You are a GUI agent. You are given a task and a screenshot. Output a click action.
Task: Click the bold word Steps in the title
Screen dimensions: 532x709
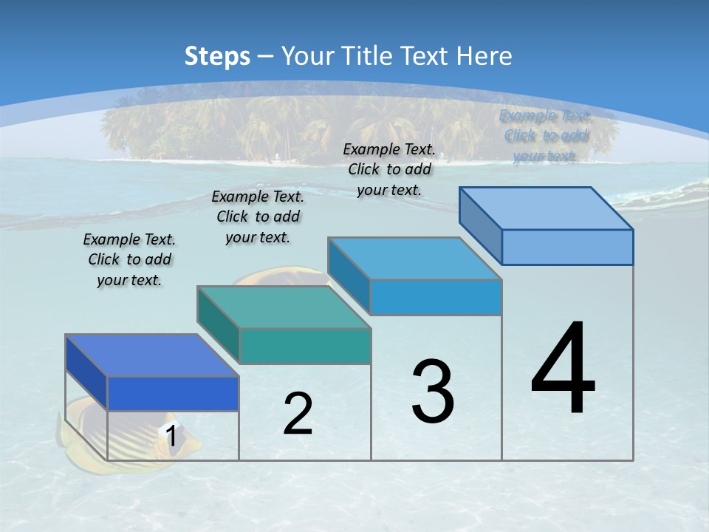tap(217, 56)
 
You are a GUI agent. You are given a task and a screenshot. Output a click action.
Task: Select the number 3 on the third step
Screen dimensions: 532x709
tap(433, 392)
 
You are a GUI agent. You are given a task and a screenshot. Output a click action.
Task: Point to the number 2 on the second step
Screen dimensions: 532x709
tap(298, 414)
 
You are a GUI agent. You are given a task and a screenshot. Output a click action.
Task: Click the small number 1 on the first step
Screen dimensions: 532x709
tap(171, 436)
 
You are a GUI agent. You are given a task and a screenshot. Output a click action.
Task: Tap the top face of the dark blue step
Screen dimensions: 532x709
tap(152, 355)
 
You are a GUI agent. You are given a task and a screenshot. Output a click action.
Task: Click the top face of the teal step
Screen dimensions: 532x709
tap(284, 307)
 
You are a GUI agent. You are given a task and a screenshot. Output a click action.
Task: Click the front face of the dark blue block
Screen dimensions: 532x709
tap(173, 393)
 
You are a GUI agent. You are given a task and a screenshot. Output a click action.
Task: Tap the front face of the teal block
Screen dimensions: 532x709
tap(304, 346)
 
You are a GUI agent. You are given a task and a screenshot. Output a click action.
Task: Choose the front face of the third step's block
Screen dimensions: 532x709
tap(436, 297)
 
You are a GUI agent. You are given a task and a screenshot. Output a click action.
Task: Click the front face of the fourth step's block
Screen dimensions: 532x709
tap(567, 247)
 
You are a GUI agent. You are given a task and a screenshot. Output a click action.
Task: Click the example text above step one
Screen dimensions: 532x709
tap(129, 259)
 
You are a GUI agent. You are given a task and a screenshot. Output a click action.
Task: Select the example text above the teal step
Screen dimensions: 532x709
tap(258, 216)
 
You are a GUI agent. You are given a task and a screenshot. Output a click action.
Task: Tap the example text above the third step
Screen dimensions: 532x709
tap(389, 169)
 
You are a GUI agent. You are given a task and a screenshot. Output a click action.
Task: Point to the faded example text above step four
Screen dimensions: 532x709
tap(545, 136)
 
